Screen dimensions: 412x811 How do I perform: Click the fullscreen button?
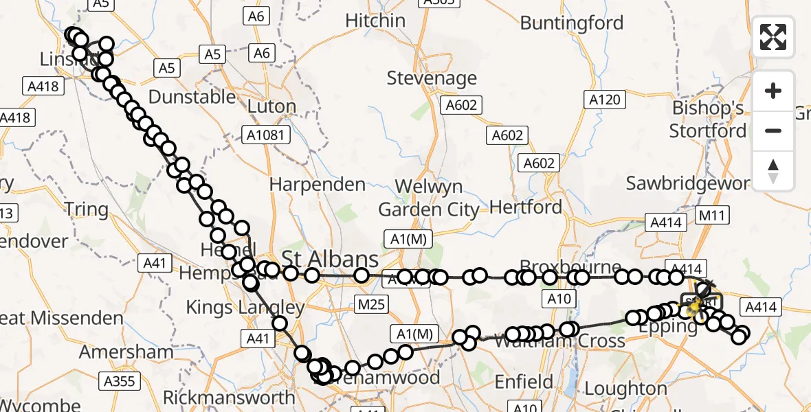[x=773, y=37]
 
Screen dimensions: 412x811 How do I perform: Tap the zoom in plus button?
[x=773, y=91]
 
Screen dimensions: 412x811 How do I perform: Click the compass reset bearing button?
[x=773, y=170]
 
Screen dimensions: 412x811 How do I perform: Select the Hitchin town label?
[x=375, y=21]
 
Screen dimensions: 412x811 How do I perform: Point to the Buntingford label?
[x=572, y=23]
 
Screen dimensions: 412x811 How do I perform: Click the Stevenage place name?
[x=432, y=78]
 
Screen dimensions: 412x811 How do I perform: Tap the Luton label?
[x=271, y=106]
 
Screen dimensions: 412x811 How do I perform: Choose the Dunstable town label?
[x=192, y=97]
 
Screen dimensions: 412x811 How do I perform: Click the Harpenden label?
[x=318, y=185]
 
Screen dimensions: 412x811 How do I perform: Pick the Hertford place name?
[x=526, y=207]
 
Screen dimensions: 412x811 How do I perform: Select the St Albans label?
[x=330, y=260]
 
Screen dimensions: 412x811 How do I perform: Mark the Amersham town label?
[x=126, y=352]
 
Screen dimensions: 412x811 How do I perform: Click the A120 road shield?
[x=605, y=100]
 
